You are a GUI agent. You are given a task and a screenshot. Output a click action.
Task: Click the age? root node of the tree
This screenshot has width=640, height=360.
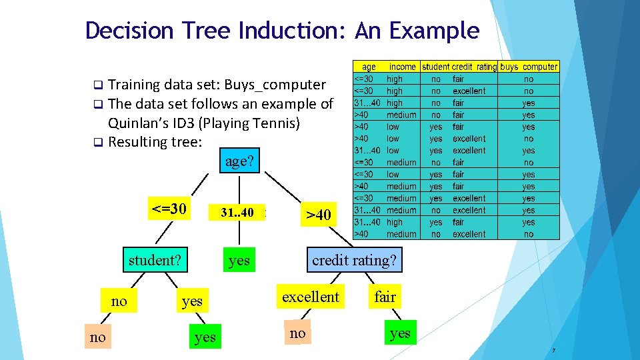click(240, 161)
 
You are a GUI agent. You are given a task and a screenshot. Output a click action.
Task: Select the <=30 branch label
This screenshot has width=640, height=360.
click(169, 209)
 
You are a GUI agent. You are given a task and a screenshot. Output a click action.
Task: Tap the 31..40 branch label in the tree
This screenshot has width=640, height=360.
click(237, 213)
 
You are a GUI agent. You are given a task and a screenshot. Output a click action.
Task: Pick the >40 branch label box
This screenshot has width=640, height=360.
click(318, 215)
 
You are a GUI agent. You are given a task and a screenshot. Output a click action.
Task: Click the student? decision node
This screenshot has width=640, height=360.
click(155, 260)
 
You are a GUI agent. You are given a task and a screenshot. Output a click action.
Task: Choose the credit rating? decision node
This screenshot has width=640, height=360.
click(354, 260)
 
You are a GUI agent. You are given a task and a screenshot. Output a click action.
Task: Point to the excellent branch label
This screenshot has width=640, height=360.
click(311, 297)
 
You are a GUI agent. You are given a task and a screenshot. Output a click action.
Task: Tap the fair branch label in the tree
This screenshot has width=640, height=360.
click(385, 297)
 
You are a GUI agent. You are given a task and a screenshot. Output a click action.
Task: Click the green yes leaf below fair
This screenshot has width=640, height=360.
click(400, 333)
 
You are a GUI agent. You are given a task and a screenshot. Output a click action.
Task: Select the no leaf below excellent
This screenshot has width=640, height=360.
click(297, 333)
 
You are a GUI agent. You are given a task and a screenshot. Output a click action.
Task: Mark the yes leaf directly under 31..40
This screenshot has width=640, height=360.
click(239, 261)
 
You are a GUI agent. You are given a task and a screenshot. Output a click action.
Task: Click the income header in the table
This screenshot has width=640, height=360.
click(403, 67)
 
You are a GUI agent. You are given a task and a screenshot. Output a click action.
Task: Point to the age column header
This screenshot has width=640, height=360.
click(369, 67)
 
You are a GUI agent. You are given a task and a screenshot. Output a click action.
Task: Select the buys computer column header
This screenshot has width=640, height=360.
click(529, 67)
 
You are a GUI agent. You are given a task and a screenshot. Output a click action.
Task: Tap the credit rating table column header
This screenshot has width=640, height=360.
click(474, 67)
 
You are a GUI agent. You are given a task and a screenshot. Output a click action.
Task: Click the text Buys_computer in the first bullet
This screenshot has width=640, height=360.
click(275, 85)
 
